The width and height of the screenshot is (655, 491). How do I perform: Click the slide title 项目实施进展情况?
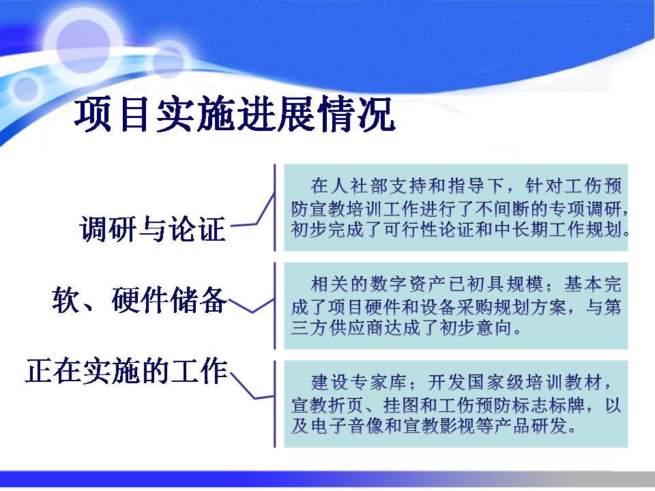[x=235, y=114]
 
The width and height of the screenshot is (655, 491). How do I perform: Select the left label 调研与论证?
[x=152, y=229]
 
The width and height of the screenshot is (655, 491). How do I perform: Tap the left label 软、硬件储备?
[x=139, y=300]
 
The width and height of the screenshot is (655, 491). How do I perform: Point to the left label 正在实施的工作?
[x=127, y=371]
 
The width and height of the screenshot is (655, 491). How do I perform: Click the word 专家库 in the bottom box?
[x=379, y=383]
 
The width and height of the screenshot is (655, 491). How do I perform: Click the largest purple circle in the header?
[x=83, y=45]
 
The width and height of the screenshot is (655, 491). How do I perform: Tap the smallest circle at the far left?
[x=26, y=89]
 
